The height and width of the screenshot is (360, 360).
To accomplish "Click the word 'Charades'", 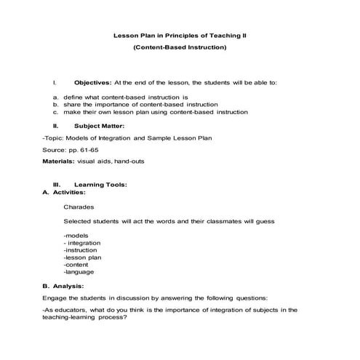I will [79, 207].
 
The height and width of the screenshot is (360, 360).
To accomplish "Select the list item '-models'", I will [76, 236].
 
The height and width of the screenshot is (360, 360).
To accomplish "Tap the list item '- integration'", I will [83, 243].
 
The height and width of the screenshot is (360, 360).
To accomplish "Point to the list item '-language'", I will [79, 272].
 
